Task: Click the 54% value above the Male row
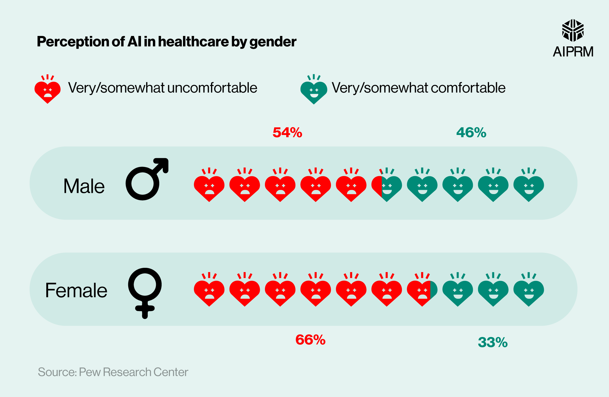tap(287, 133)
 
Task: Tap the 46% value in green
tap(471, 133)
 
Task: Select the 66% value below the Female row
tap(310, 340)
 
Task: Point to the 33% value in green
tap(493, 342)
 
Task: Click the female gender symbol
tap(145, 292)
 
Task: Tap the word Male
tap(84, 186)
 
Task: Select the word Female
tap(76, 290)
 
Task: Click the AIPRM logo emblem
tap(573, 30)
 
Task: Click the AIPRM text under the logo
tap(573, 52)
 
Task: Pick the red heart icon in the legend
tap(48, 90)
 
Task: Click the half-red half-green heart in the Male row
tap(387, 186)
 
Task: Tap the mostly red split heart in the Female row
tap(422, 291)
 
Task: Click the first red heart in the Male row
tap(209, 186)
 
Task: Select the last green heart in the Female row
tap(529, 291)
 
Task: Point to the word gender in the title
tap(273, 42)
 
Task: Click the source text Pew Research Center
tap(133, 372)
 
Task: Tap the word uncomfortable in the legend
tap(212, 88)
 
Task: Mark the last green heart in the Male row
tap(529, 186)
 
